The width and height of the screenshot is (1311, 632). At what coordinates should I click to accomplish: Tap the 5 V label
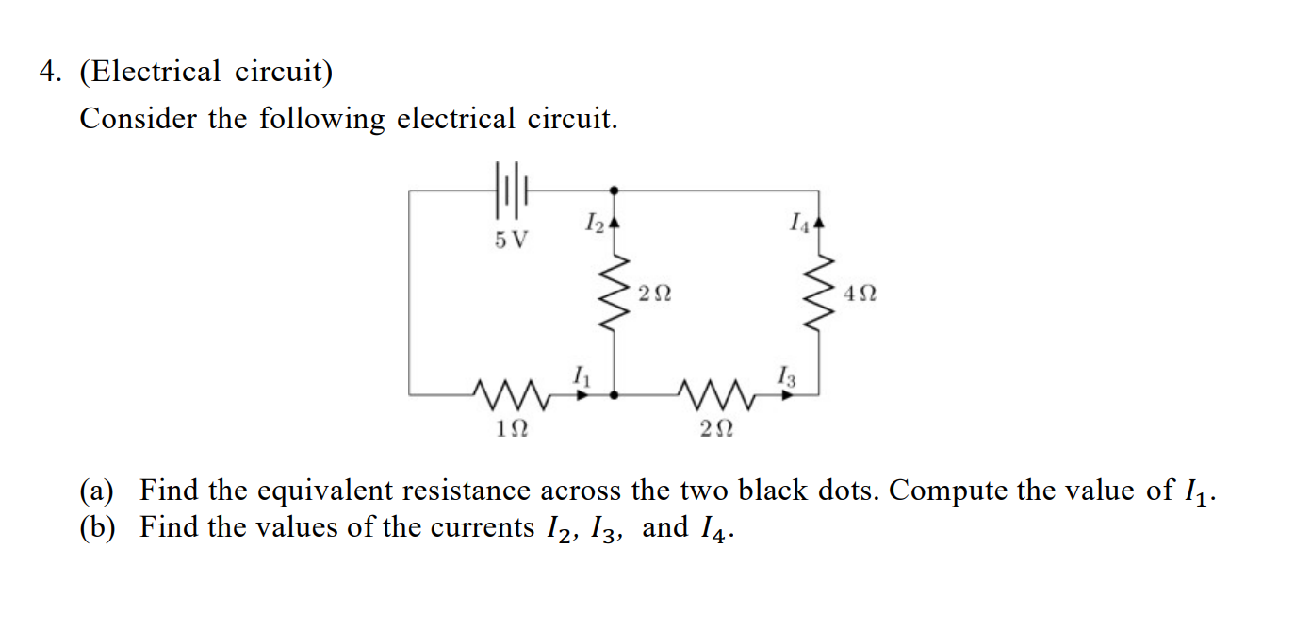[x=512, y=240]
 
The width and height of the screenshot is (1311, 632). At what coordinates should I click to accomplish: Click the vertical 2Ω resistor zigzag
[x=615, y=291]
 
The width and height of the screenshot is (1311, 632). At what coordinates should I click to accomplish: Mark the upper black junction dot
[x=615, y=190]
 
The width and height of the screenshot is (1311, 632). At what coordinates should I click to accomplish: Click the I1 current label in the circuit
[x=582, y=376]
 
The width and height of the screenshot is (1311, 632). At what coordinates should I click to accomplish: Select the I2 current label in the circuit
[x=594, y=224]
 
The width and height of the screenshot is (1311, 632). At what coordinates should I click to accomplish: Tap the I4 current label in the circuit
[x=799, y=224]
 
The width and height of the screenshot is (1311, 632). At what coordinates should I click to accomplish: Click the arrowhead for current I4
[x=818, y=225]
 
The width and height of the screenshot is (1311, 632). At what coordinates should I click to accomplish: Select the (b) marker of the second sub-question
[x=97, y=527]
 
